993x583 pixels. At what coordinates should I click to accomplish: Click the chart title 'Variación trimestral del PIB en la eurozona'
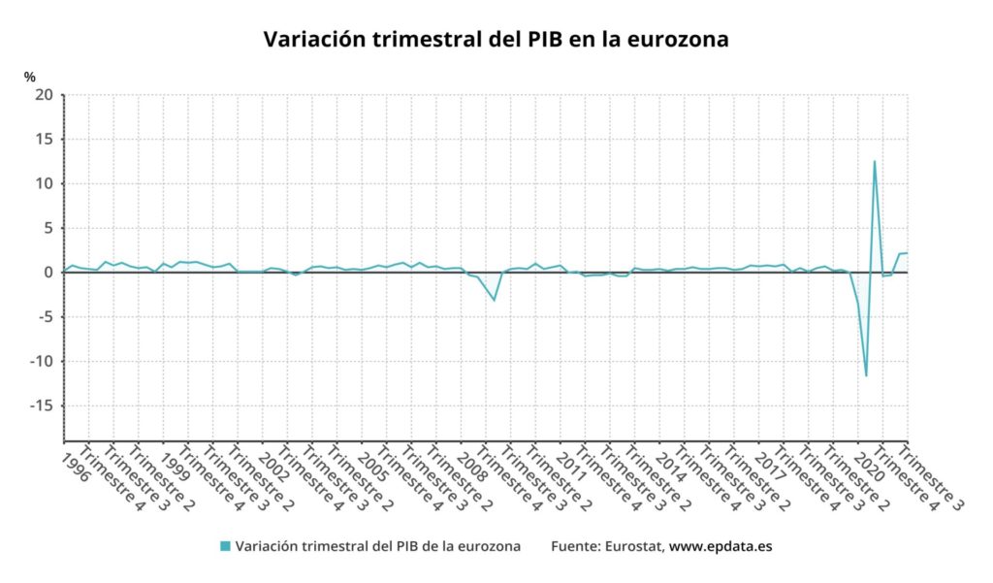496,40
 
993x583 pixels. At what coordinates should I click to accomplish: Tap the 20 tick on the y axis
44,95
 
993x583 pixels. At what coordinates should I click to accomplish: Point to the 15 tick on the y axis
44,140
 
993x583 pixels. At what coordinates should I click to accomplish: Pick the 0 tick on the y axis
48,273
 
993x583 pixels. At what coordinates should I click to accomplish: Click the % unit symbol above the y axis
30,77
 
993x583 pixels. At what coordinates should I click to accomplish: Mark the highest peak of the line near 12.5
875,161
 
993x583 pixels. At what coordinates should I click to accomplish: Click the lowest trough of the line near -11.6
866,375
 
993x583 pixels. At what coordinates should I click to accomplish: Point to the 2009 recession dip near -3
495,300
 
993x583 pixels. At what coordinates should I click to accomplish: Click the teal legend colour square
225,546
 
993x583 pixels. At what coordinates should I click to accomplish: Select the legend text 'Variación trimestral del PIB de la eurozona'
378,546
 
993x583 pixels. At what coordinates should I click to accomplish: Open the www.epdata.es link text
721,546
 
